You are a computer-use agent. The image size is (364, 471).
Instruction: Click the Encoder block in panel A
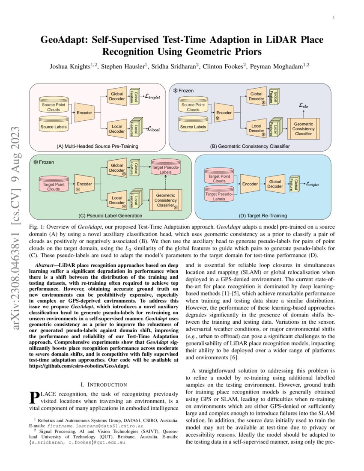(x=84, y=112)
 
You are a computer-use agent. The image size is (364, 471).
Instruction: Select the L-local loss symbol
(x=152, y=128)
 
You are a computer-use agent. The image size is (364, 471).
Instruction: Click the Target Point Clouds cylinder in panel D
(x=219, y=178)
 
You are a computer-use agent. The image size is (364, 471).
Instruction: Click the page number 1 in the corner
(x=334, y=18)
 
